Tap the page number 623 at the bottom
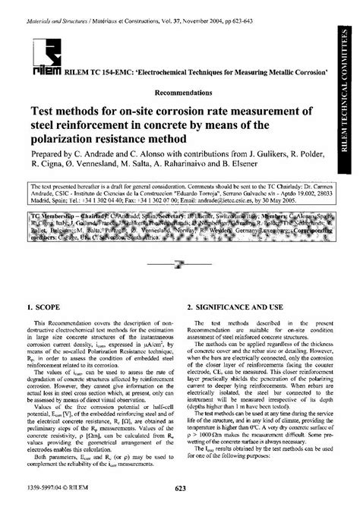coord(180,498)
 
